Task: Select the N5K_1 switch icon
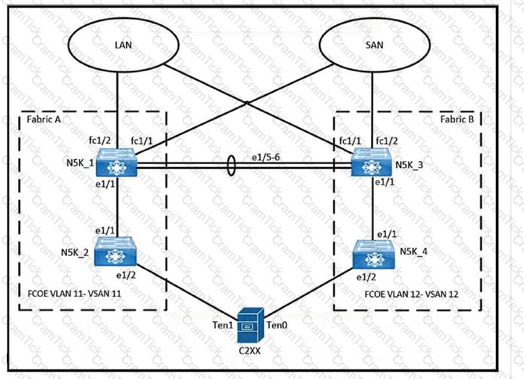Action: pos(117,163)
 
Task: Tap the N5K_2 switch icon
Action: pos(115,252)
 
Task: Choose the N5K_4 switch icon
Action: pos(374,254)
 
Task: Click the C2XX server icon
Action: pos(250,326)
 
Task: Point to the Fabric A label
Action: pos(44,119)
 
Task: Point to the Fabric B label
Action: pos(457,119)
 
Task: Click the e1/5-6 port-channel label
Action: pos(266,157)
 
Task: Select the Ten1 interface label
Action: pos(223,325)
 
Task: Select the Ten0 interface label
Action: pos(276,325)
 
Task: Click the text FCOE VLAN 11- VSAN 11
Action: pos(75,294)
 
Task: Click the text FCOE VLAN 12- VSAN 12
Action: pos(411,294)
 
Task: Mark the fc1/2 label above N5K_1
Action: pos(100,141)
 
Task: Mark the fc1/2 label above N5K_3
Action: pos(387,141)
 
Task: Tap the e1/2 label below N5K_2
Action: pos(127,275)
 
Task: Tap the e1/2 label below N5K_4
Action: pos(366,277)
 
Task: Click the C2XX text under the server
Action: pos(249,351)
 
